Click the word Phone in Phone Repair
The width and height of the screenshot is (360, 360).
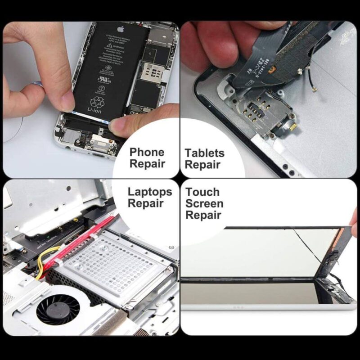point(147,152)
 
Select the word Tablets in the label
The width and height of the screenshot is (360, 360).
point(204,153)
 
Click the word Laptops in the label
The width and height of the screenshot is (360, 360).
point(150,192)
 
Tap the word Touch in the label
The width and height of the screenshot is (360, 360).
point(202,192)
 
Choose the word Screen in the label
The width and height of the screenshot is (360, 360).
point(204,204)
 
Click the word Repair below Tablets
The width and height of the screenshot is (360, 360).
point(202,165)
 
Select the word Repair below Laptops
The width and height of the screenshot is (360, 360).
point(145,203)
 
